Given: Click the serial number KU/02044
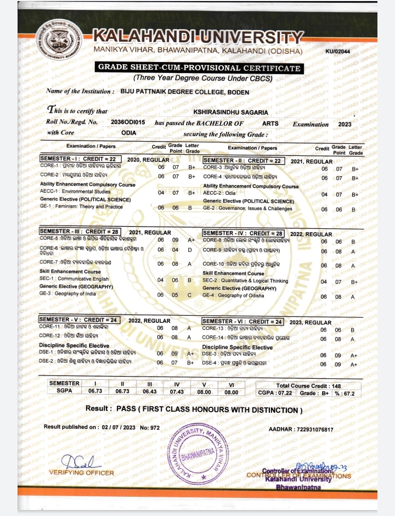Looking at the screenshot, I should pos(338,52).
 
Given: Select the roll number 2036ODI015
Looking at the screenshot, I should pos(128,124).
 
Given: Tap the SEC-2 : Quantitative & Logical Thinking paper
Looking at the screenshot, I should pos(245,281).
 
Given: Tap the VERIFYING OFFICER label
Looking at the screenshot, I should pos(81,473).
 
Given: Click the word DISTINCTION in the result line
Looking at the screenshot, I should pos(273,410).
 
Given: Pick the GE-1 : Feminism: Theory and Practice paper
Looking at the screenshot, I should pos(81,207).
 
